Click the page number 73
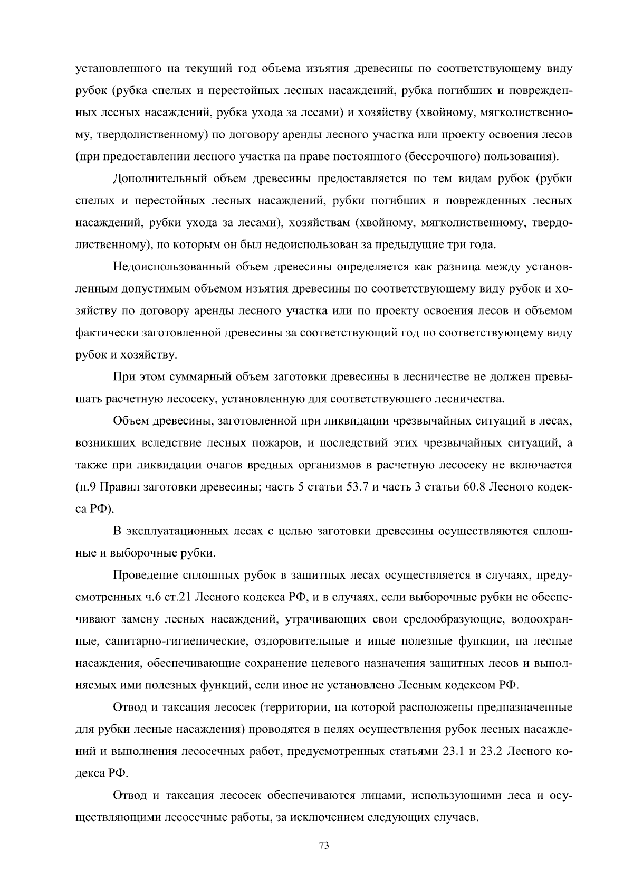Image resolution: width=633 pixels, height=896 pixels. (x=324, y=846)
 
